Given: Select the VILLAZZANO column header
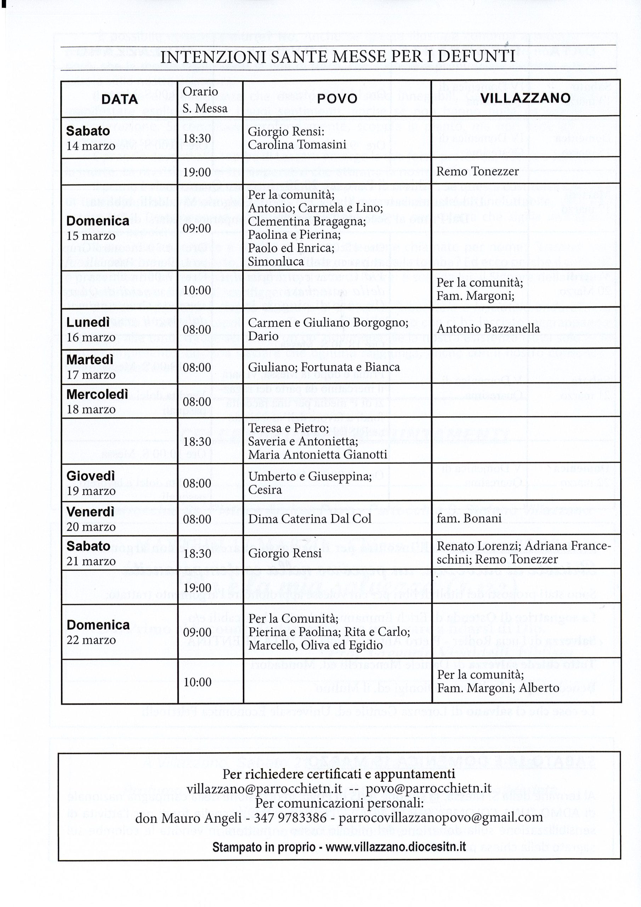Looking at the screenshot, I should tap(525, 98).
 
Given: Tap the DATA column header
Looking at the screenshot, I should tap(119, 99).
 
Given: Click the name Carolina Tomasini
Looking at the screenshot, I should tap(297, 145).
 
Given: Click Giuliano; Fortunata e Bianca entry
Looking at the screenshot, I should tap(324, 367).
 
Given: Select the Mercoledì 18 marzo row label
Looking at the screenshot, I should tap(97, 401).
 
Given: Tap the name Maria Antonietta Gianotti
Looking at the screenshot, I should tap(318, 455).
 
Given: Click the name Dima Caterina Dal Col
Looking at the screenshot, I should tap(310, 519).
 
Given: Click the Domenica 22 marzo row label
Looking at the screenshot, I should tap(98, 632).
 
